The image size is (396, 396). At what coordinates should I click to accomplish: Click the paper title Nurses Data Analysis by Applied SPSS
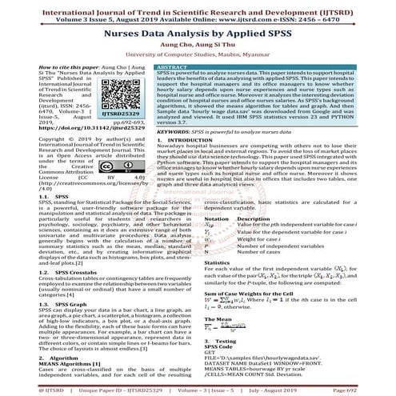click(x=198, y=35)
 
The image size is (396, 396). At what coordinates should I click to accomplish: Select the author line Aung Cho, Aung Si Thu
click(x=198, y=48)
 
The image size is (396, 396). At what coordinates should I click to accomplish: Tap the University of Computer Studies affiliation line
click(x=198, y=57)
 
